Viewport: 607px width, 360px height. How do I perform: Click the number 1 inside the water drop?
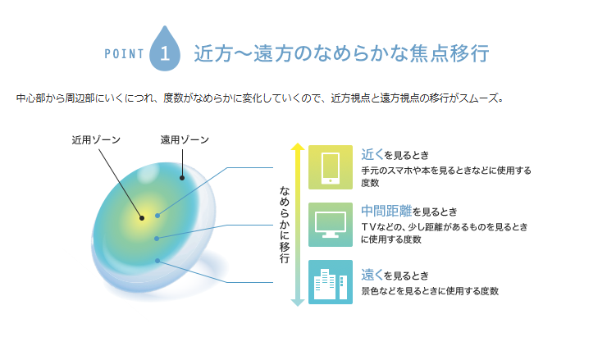click(165, 53)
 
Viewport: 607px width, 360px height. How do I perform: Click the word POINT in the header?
click(124, 54)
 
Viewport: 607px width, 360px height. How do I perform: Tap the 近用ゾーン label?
click(96, 139)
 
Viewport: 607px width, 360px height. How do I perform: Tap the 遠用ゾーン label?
click(185, 139)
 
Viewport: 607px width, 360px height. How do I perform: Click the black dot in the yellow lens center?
click(142, 218)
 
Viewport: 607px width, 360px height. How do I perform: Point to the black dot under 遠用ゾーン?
click(182, 178)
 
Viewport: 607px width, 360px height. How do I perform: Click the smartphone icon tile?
click(331, 167)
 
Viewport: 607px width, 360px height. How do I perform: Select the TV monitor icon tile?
click(331, 225)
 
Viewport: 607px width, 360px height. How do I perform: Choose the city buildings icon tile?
click(331, 282)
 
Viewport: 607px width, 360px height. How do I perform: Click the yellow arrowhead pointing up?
click(298, 147)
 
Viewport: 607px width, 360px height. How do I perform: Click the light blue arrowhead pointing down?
click(298, 303)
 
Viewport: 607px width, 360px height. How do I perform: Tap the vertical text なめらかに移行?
click(285, 225)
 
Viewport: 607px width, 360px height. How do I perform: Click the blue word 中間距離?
click(386, 211)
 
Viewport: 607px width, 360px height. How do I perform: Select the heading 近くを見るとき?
click(395, 155)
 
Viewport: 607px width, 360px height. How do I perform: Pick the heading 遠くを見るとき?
click(395, 276)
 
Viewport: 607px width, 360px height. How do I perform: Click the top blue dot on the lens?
click(157, 216)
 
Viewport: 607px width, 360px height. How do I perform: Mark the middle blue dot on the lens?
click(157, 239)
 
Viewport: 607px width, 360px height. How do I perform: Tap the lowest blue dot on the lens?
click(157, 261)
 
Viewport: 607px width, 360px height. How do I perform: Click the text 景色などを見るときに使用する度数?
click(430, 291)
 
